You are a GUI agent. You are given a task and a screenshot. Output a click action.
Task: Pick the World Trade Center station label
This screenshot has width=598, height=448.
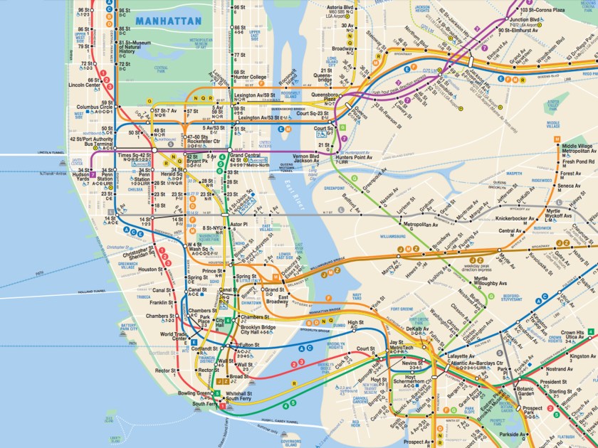(174, 336)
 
